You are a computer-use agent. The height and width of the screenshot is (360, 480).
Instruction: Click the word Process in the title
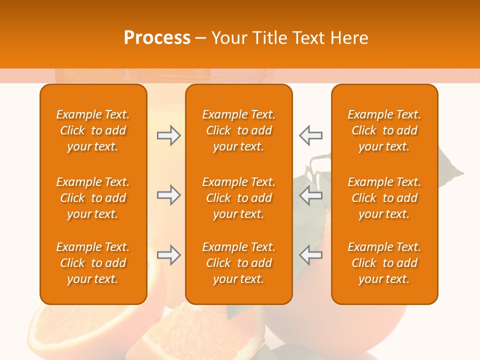(157, 38)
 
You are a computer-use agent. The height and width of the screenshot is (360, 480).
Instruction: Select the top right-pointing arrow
(168, 135)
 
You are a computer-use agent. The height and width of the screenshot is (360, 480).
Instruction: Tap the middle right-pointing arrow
(168, 195)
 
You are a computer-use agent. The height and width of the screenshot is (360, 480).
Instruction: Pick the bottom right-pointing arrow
(168, 255)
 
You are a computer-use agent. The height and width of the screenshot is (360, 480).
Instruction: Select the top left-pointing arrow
(310, 135)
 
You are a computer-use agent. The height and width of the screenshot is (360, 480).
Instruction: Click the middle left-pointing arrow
(310, 195)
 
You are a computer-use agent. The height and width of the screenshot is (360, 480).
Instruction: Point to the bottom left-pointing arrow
(310, 255)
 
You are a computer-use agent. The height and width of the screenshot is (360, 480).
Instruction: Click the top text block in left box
(93, 130)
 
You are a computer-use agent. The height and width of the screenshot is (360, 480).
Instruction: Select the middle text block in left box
(93, 198)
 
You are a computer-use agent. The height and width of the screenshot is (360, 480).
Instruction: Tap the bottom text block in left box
(93, 263)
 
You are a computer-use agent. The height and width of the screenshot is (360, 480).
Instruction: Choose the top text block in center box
(238, 130)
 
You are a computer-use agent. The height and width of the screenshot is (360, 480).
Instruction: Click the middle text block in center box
(238, 198)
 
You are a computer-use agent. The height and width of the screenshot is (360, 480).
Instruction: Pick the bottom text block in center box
(238, 263)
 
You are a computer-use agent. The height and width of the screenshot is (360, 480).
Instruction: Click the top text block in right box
(384, 130)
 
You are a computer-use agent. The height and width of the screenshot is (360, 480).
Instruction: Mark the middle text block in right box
(384, 198)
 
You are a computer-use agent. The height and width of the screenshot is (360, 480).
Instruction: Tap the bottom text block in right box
(384, 263)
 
